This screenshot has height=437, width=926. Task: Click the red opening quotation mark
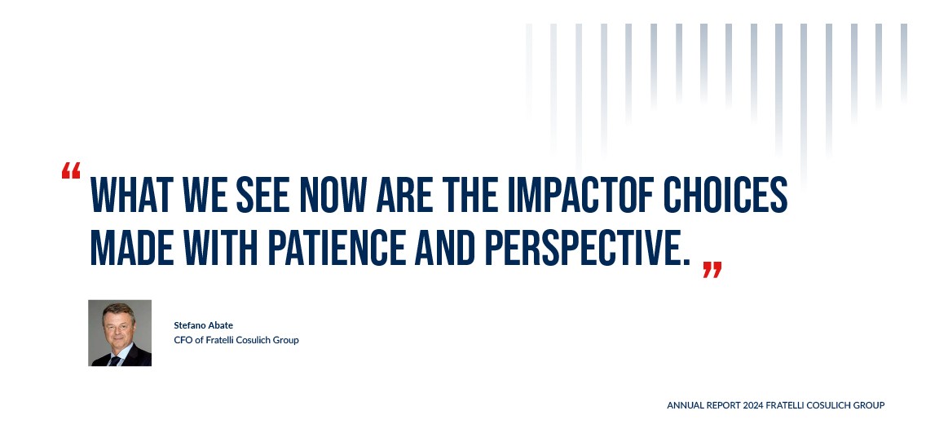tap(71, 170)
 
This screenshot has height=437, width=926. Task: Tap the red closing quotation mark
tap(712, 270)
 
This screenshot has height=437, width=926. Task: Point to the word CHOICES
tap(725, 194)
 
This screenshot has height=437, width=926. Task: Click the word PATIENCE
tap(337, 247)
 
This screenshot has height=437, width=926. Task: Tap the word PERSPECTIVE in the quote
tap(587, 247)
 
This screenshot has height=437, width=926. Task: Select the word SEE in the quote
tap(262, 194)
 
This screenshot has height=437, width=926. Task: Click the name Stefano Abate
tap(203, 325)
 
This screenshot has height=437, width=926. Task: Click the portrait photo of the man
tap(120, 333)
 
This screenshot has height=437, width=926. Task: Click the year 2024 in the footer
tap(753, 406)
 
